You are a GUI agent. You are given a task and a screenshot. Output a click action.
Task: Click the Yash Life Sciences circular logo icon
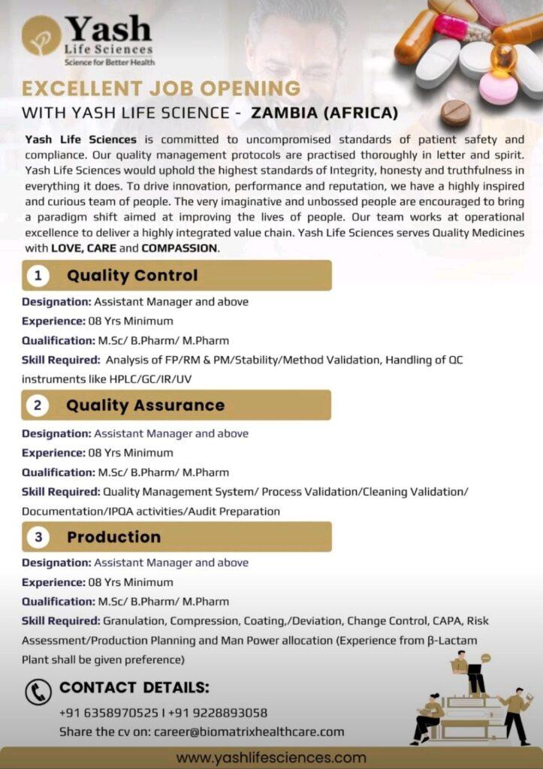[x=41, y=35]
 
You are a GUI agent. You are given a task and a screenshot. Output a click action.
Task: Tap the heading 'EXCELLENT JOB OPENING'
[x=161, y=89]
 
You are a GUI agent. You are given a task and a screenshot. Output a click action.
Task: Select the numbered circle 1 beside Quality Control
[x=37, y=276]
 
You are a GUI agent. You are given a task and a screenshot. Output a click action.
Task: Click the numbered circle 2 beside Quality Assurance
[x=37, y=406]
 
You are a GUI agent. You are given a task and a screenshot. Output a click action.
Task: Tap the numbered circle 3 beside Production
[x=37, y=537]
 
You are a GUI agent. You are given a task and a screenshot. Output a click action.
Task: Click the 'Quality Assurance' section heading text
[x=145, y=406]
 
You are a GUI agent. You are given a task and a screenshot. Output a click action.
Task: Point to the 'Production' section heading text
[x=113, y=537]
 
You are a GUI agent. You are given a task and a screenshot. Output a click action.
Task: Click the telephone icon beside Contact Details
[x=38, y=692]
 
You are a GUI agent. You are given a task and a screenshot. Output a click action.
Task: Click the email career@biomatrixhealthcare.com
[x=249, y=731]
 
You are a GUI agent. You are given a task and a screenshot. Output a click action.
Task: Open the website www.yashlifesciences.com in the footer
[x=271, y=757]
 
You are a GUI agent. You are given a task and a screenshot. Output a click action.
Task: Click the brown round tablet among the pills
[x=455, y=113]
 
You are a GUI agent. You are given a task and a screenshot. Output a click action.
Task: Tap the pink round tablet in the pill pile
[x=498, y=88]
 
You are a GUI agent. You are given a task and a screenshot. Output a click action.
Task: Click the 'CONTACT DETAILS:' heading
[x=134, y=687]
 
